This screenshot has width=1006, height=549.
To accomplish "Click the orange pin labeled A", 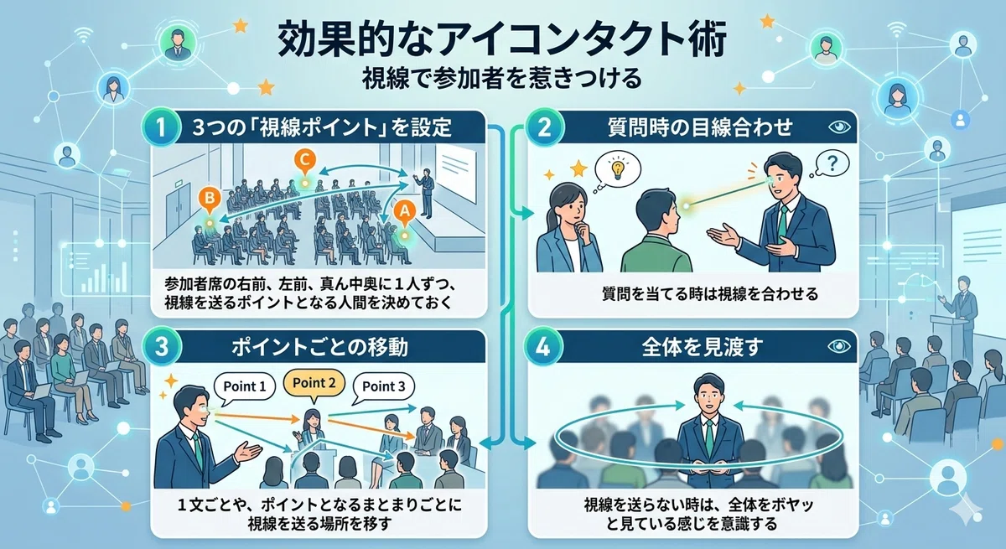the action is click(405, 212).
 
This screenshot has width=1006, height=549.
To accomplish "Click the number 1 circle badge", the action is click(161, 127).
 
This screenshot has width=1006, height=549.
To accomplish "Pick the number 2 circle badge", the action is click(544, 127).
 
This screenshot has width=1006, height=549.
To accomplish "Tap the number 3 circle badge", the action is click(161, 347).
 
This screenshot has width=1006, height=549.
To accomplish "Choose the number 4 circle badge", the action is click(543, 347).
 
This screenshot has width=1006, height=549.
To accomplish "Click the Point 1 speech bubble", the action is click(245, 387).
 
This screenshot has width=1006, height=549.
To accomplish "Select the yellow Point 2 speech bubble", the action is click(314, 384).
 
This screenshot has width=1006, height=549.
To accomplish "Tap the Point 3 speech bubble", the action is click(384, 387).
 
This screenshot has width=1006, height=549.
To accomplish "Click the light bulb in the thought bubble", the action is click(618, 169).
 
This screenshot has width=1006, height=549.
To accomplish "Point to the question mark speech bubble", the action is click(832, 163).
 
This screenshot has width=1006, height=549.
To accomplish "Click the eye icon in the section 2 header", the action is click(839, 127).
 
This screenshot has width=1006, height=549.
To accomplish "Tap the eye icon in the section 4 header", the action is click(839, 346).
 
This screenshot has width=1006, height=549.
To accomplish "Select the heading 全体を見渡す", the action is click(703, 347).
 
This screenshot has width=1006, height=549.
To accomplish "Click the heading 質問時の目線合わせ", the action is click(700, 127).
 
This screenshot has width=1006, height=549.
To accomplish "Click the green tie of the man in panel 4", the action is click(709, 438).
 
